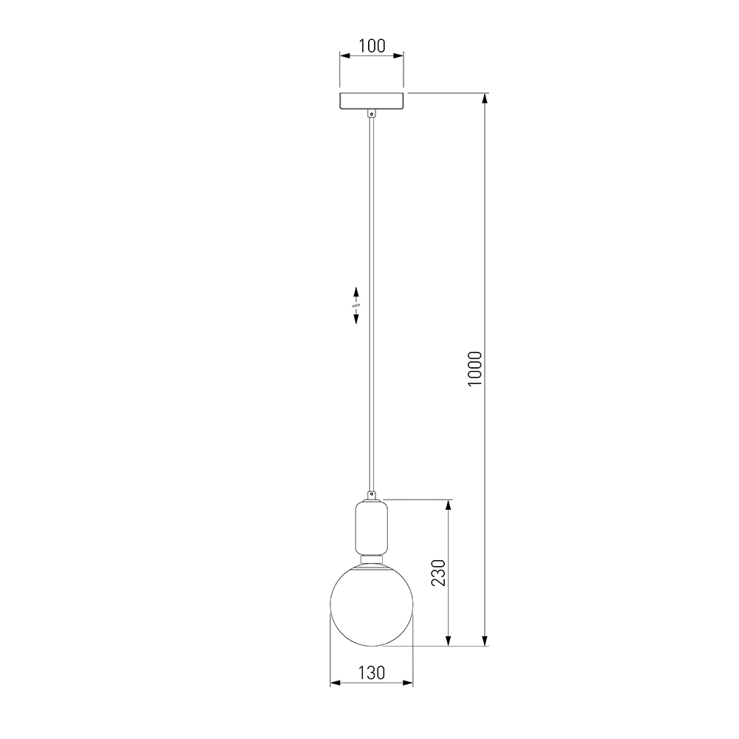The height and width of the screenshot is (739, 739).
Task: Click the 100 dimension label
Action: click(x=372, y=46)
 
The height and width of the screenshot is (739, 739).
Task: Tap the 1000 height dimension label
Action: click(x=475, y=369)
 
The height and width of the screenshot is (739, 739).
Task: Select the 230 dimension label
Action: click(x=439, y=573)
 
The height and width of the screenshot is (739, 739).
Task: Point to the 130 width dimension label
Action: click(x=372, y=673)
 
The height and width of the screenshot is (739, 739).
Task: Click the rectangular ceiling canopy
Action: click(x=372, y=101)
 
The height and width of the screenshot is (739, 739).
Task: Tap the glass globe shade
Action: click(x=372, y=605)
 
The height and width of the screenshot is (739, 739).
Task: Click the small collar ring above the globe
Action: click(x=372, y=559)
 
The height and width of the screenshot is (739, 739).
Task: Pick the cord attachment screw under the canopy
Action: click(x=372, y=114)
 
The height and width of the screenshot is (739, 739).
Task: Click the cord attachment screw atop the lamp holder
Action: click(x=372, y=496)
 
